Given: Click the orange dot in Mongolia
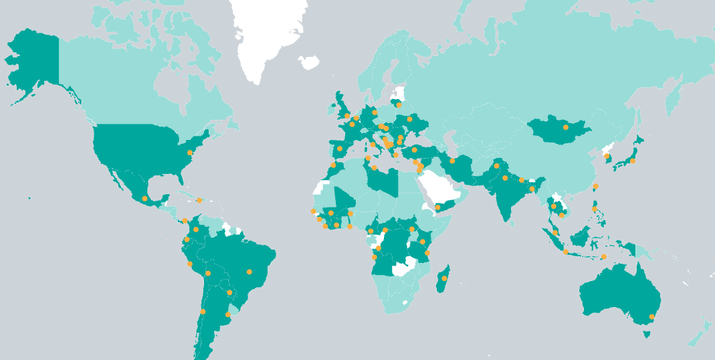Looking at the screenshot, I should point(566,127).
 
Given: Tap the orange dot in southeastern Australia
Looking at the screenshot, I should point(652,317).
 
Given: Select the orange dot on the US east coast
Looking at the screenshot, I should point(190,153).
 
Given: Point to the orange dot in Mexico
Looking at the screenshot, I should point(144,199).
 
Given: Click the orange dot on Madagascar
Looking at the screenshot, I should point(444,278).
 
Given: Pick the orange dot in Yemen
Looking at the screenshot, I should point(438,207).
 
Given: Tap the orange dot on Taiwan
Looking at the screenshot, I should point(596,186).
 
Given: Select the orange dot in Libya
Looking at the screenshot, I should point(374,167).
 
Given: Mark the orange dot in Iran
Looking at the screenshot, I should point(452,161).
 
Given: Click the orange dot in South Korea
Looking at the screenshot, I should point(607,157).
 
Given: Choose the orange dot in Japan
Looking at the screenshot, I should point(633,161).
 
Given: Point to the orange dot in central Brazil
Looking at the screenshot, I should point(249,272).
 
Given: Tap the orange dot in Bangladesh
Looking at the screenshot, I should point(532,189).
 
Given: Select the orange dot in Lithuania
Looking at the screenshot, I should point(399,104).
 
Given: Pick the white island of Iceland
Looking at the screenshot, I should point(309,63).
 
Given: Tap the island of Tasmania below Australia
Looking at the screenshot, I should point(647,333).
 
